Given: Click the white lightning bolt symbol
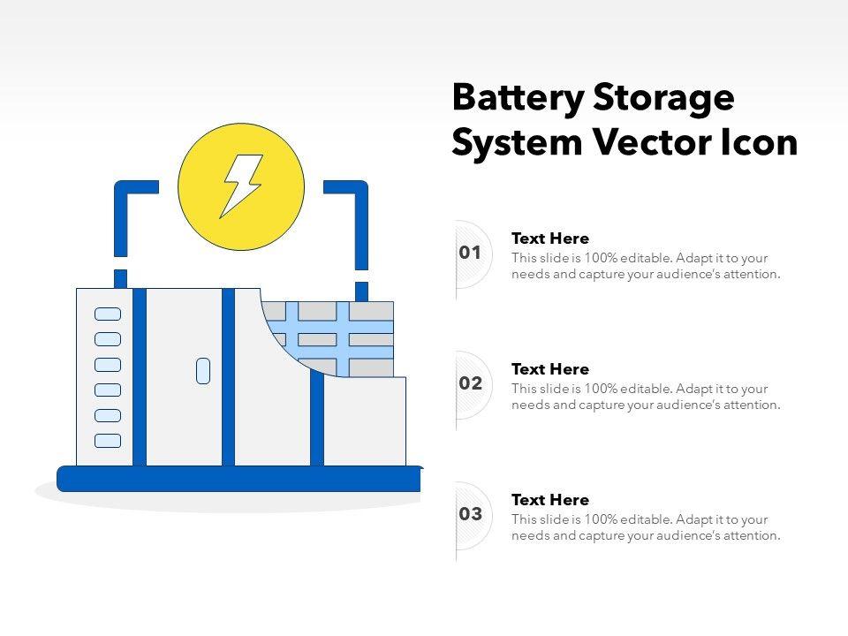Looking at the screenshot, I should pos(241,185).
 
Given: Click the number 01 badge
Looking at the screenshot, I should pos(470,254).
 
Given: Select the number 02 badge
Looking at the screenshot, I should pos(470,384).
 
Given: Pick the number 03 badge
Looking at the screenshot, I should pos(470,514).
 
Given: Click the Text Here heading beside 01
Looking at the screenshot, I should pos(549,238).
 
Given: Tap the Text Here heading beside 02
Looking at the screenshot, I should pos(549,369).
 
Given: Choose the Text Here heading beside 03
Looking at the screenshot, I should pos(549,500).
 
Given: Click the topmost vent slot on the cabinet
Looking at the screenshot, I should pos(108,314).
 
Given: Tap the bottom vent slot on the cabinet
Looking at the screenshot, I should pos(108,440).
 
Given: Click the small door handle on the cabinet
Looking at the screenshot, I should pos(203,371).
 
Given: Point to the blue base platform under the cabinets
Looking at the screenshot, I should pos(238,479).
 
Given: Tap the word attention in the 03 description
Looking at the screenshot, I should pos(749,535).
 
